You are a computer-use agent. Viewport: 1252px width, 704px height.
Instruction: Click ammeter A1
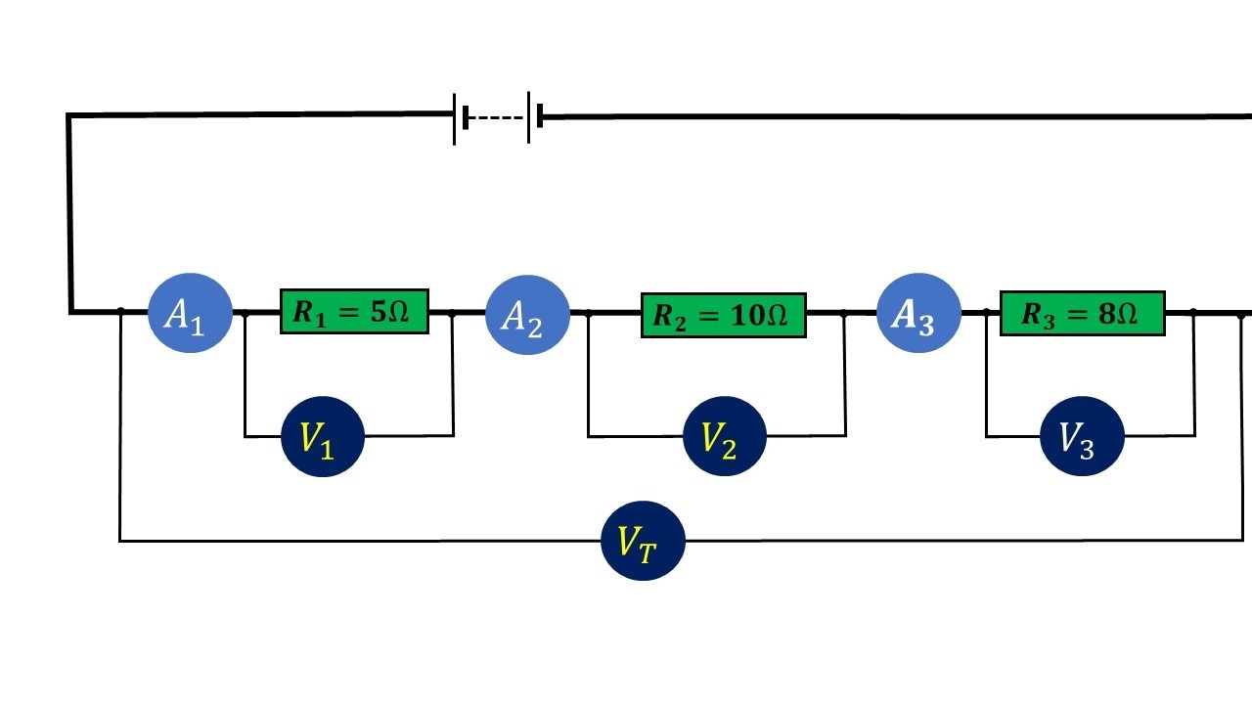[190, 313]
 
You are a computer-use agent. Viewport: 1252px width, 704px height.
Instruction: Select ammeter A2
[528, 315]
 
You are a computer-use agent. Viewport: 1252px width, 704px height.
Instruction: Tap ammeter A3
[918, 313]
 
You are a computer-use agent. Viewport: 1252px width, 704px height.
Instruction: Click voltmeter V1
[323, 436]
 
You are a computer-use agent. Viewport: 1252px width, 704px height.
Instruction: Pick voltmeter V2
[725, 436]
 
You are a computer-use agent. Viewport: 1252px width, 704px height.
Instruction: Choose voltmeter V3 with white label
[1082, 436]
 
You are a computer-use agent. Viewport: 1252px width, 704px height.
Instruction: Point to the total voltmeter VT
[643, 541]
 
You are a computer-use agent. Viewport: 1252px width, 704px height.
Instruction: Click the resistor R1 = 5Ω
[354, 312]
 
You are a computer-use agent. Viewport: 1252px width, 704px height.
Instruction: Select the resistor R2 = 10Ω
[723, 315]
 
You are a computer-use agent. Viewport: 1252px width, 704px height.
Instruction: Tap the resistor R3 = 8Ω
[1082, 313]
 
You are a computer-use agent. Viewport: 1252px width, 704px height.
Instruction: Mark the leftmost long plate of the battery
[455, 118]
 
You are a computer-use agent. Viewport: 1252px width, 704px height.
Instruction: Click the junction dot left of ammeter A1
[120, 312]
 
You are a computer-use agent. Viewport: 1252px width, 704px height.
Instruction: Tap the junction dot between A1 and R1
[245, 313]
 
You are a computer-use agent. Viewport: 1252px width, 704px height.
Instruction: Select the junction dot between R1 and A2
[452, 313]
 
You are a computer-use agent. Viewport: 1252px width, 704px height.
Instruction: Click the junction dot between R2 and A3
[845, 314]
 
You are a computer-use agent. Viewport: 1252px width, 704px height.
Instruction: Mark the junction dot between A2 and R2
[588, 314]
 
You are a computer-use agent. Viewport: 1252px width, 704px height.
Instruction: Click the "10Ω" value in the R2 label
[760, 316]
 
